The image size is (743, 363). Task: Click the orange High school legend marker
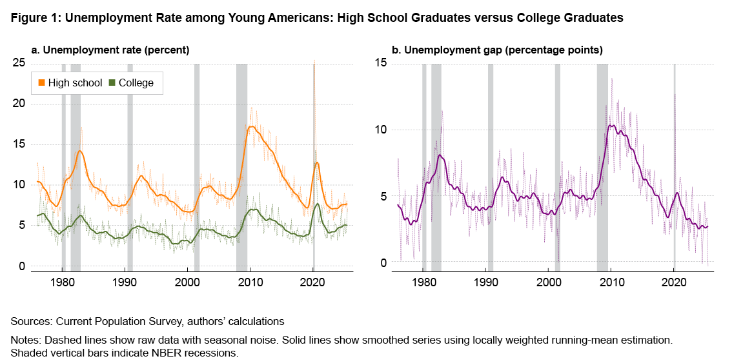(x=42, y=83)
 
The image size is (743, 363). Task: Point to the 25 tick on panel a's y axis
(x=19, y=63)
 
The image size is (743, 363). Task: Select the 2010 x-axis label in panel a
(x=249, y=282)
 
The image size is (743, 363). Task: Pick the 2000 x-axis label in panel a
(x=187, y=282)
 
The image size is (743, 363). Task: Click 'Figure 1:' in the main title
(x=33, y=18)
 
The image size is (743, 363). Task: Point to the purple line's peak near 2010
(x=612, y=125)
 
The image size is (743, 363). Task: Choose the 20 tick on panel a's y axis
(x=19, y=103)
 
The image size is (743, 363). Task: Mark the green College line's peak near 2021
(x=318, y=204)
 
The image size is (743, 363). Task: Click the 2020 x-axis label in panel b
(x=674, y=282)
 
